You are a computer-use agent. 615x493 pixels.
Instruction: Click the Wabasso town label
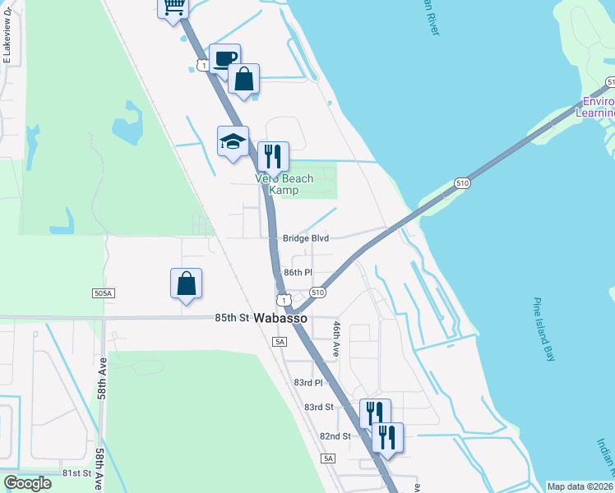click(280, 318)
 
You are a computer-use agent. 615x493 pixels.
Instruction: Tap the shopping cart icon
click(173, 7)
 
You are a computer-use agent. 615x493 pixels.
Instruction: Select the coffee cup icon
click(224, 58)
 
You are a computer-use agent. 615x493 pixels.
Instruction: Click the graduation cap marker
click(233, 141)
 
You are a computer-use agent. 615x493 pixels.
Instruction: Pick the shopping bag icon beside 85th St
click(187, 283)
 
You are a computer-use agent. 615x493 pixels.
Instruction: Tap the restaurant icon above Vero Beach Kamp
click(273, 156)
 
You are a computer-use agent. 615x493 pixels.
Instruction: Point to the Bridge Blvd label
click(306, 238)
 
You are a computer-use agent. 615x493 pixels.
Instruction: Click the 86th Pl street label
click(298, 272)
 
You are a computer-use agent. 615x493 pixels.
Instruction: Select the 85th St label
click(232, 317)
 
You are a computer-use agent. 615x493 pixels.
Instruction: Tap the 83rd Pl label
click(307, 383)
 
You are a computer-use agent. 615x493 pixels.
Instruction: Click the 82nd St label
click(335, 435)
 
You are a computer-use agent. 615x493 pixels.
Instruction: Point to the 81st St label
click(76, 473)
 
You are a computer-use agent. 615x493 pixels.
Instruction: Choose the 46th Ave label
click(336, 339)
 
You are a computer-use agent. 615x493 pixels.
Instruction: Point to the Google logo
click(27, 483)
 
